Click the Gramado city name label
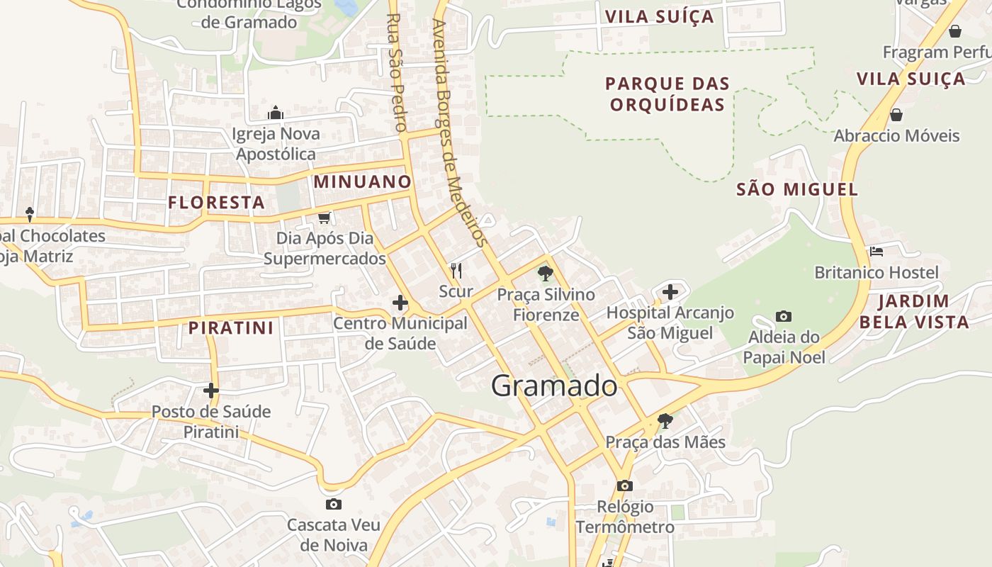click(x=554, y=386)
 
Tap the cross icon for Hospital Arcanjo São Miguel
click(x=670, y=291)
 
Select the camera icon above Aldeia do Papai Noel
click(x=783, y=316)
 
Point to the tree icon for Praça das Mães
click(x=665, y=420)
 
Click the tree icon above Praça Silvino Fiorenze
click(x=545, y=273)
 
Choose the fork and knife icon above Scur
click(x=456, y=270)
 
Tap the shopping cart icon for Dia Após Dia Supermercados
click(x=324, y=218)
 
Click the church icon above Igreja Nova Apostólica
click(x=276, y=113)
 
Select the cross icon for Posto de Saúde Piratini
click(x=211, y=390)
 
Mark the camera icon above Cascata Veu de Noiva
click(x=333, y=504)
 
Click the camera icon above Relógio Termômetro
click(x=624, y=485)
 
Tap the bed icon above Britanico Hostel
click(x=877, y=251)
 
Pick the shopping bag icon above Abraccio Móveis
click(x=896, y=114)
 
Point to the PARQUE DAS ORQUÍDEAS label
click(x=667, y=94)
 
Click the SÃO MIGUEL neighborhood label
click(x=797, y=189)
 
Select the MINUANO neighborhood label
click(x=362, y=181)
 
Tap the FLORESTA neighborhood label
click(x=216, y=203)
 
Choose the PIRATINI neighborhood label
click(x=231, y=327)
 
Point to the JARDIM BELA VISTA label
click(x=913, y=312)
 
